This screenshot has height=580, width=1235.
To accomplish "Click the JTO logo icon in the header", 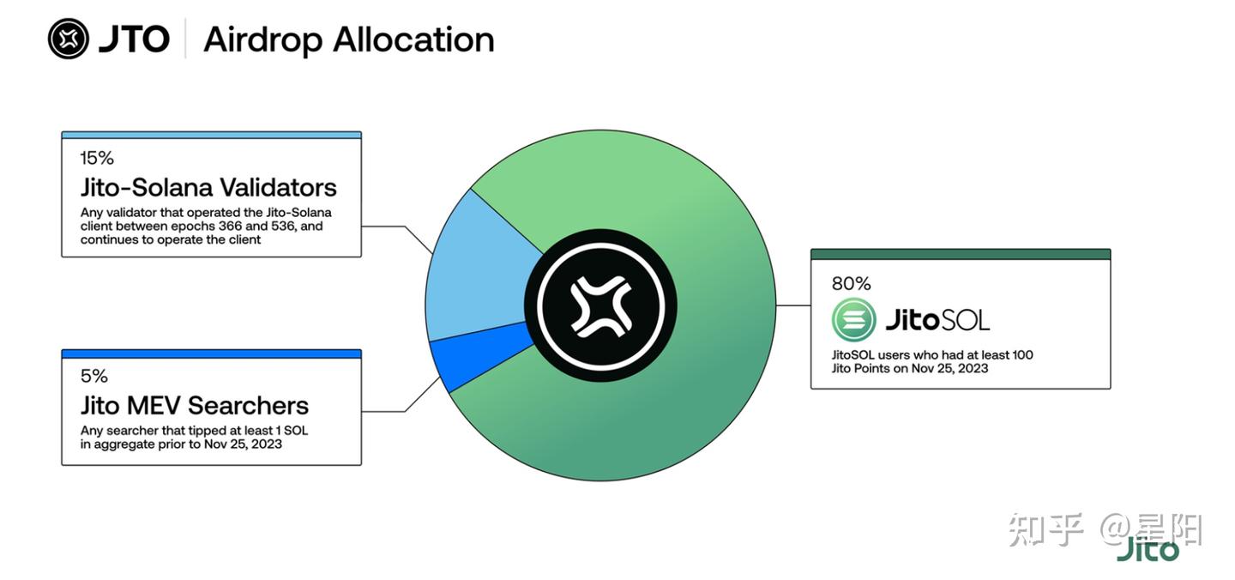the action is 69,39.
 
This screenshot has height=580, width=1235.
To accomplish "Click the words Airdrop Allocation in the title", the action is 349,39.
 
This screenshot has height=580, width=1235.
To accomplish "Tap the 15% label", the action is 97,158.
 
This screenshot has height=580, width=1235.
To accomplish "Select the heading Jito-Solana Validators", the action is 208,187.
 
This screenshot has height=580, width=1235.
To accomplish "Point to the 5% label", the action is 94,376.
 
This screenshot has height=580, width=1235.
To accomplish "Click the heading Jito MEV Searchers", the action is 195,406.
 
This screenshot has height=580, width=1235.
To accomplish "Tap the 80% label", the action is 852,283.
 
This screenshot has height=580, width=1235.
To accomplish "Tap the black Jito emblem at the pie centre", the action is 600,305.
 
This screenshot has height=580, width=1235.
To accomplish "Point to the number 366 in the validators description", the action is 230,226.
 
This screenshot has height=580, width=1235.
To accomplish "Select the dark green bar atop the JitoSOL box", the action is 961,254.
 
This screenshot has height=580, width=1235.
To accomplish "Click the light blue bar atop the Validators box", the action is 212,135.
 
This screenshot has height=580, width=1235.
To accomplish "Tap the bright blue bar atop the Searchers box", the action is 212,354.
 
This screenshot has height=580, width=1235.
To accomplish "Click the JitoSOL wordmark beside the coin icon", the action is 937,320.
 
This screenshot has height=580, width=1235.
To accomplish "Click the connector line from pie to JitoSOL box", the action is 793,305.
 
